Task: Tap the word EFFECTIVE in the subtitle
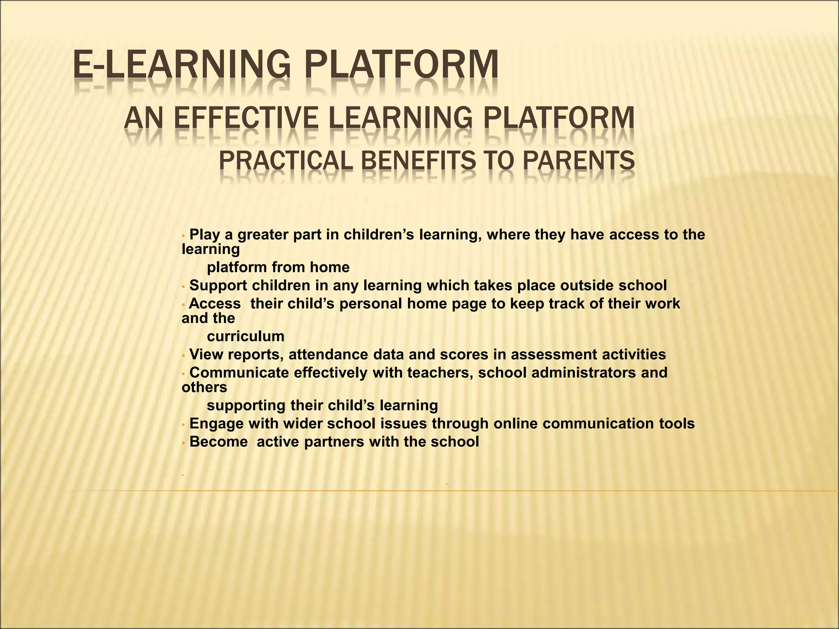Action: pos(247,118)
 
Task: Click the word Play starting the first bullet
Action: pos(205,235)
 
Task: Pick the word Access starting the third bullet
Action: pos(215,304)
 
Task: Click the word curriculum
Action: pos(245,337)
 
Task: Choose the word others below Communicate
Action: pos(204,387)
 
